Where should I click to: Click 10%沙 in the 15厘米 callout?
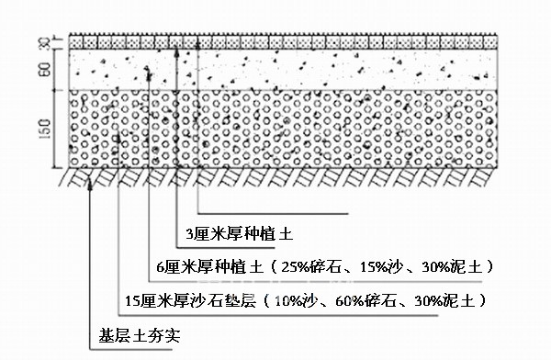pos(296,300)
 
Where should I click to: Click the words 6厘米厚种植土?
pos(208,267)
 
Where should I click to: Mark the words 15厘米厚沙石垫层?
pos(189,300)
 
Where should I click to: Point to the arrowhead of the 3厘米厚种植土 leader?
pos(199,38)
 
